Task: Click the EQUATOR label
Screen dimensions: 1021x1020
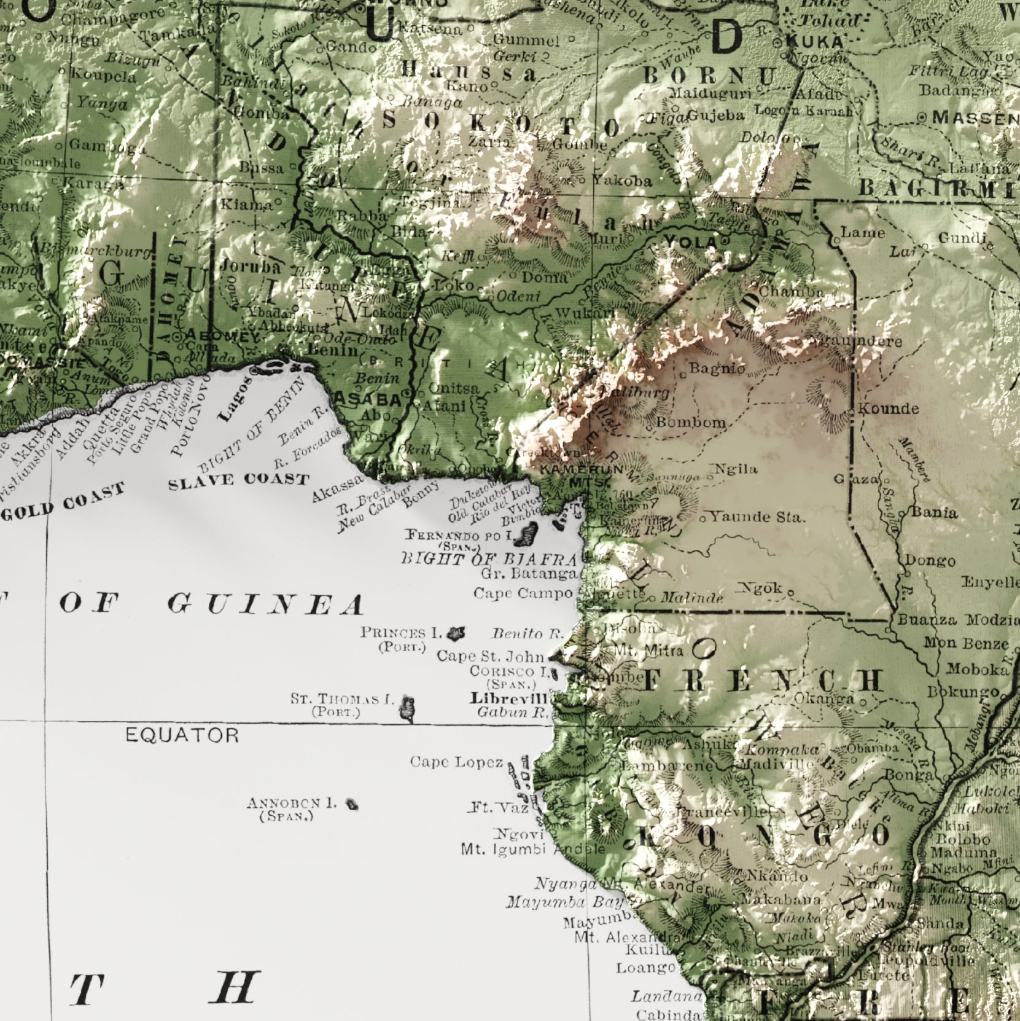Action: [182, 735]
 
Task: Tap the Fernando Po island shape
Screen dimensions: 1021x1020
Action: [525, 534]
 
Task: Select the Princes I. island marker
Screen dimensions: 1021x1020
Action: [456, 633]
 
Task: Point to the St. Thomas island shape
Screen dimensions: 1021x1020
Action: [407, 707]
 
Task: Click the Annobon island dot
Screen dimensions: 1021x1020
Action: [352, 804]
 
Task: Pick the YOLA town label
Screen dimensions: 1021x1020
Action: [690, 243]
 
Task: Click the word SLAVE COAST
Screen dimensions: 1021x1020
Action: [238, 480]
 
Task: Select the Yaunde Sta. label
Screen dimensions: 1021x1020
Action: [757, 517]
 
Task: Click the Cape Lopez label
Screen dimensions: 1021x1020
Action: [456, 762]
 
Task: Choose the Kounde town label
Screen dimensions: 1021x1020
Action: [888, 409]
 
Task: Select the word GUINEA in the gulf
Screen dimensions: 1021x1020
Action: [265, 604]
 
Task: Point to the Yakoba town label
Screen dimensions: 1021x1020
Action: [621, 181]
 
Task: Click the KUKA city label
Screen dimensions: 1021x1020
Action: [815, 41]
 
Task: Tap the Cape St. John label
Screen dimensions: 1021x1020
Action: [491, 656]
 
